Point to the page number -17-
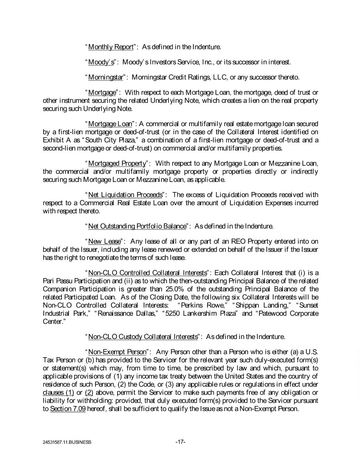coord(180,441)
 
